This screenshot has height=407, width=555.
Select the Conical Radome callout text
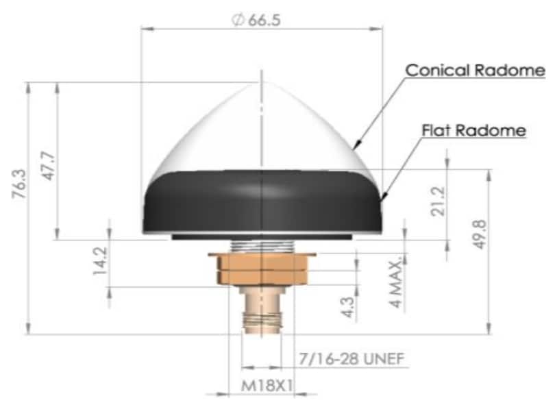[x=475, y=71]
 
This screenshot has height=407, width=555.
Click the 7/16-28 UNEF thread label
[x=351, y=359]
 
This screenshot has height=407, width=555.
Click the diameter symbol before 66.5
[x=238, y=21]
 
